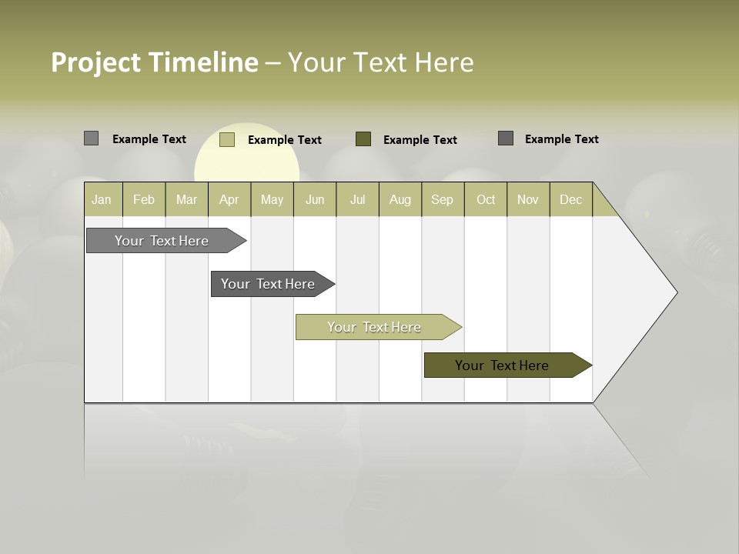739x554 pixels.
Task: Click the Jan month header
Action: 102,199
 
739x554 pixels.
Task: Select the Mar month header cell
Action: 186,199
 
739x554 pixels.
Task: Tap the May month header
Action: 272,199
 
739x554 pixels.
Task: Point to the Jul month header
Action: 357,199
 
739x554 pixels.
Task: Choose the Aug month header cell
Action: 400,199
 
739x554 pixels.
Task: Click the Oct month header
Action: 486,199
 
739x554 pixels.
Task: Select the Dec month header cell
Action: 571,199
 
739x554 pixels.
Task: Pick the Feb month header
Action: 144,199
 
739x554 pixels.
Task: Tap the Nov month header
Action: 528,199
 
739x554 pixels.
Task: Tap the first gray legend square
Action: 92,138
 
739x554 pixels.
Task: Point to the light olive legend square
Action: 227,139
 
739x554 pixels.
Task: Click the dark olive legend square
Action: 363,139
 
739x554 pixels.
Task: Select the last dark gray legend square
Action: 506,138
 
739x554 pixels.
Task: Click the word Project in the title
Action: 95,63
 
